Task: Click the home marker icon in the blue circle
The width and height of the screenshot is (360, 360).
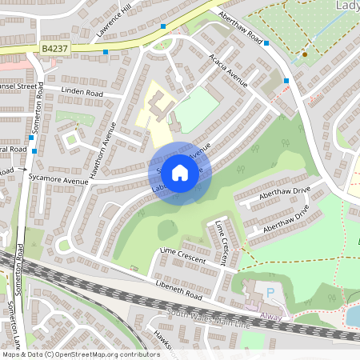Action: point(180,172)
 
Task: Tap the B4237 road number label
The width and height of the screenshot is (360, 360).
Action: point(54,50)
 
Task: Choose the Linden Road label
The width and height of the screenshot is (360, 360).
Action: point(82,94)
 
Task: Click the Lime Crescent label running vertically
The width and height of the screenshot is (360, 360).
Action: point(223,245)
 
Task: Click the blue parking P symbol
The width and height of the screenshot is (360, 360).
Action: point(270,293)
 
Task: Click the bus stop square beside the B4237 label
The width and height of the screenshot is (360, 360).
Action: point(106,52)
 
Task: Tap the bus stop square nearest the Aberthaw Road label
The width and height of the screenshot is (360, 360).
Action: point(266,44)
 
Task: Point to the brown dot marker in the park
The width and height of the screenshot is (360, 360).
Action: point(305,54)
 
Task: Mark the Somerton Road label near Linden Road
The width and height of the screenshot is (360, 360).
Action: point(38,120)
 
